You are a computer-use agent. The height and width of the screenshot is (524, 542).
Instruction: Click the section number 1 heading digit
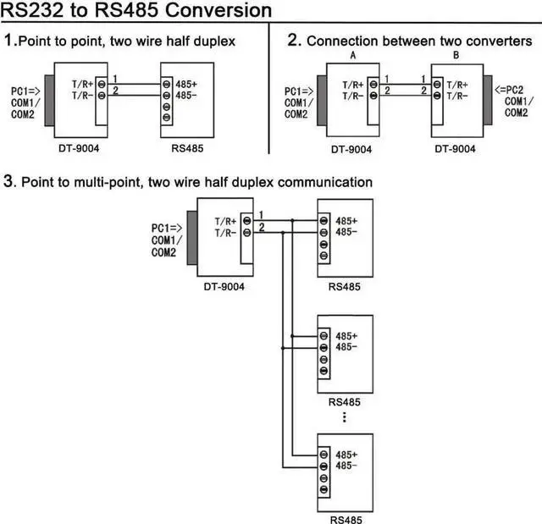(x=8, y=39)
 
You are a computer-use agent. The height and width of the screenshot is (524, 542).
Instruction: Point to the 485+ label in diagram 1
(x=187, y=84)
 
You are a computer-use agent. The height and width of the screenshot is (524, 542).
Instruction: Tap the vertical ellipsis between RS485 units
(x=344, y=416)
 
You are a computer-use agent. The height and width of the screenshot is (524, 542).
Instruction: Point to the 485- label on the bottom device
(x=346, y=466)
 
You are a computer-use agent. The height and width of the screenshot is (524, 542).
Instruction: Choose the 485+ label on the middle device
(x=346, y=335)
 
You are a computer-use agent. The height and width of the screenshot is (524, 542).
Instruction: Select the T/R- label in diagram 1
(x=83, y=96)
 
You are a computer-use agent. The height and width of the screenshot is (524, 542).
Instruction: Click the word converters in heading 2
(x=499, y=41)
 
